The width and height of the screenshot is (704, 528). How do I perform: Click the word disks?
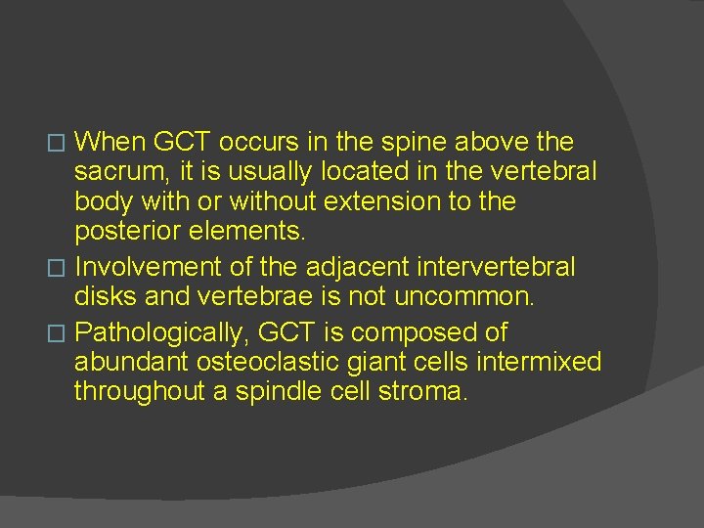pos(104,296)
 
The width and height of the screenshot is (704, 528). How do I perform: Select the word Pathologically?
pos(164,332)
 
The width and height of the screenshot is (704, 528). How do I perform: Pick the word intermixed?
pos(539,363)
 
